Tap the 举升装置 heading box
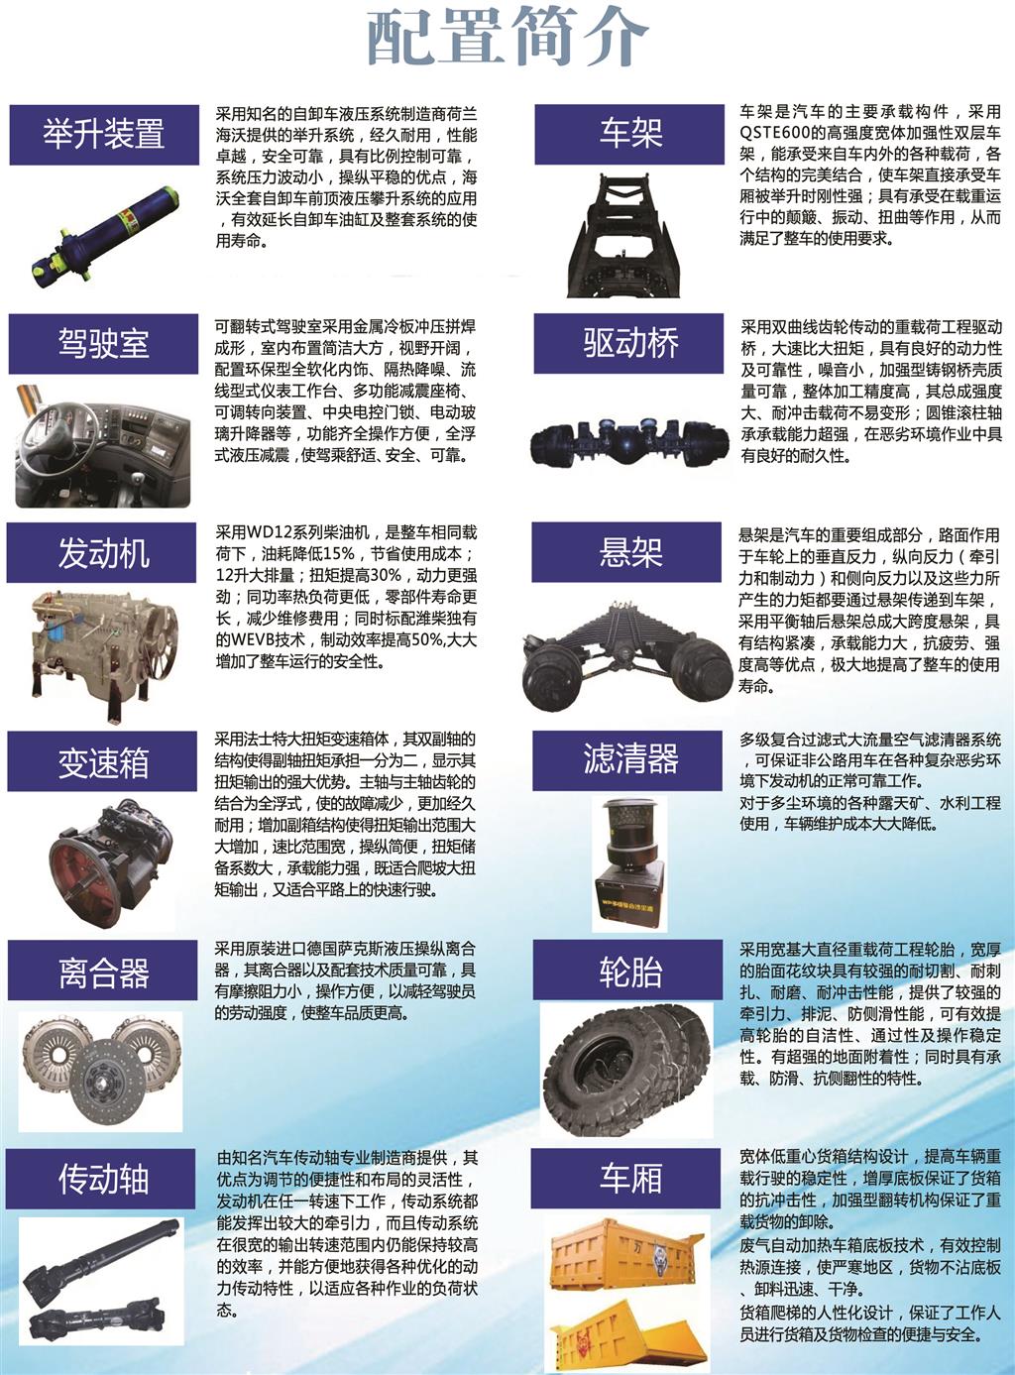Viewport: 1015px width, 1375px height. coord(104,135)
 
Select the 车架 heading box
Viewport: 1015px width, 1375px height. coord(629,134)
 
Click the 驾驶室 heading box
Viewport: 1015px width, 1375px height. coord(103,343)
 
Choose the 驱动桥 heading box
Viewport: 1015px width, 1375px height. coord(628,343)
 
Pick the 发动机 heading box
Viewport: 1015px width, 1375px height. coord(102,552)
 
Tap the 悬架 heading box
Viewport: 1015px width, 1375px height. coord(626,552)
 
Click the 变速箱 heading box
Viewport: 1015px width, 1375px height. coord(102,761)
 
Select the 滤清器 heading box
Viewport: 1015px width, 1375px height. coord(627,760)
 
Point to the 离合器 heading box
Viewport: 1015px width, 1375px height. coord(102,971)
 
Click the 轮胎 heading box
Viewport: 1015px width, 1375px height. coord(628,970)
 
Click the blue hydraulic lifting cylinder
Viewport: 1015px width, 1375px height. coord(105,233)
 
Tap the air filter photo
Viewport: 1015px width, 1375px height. coord(629,863)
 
